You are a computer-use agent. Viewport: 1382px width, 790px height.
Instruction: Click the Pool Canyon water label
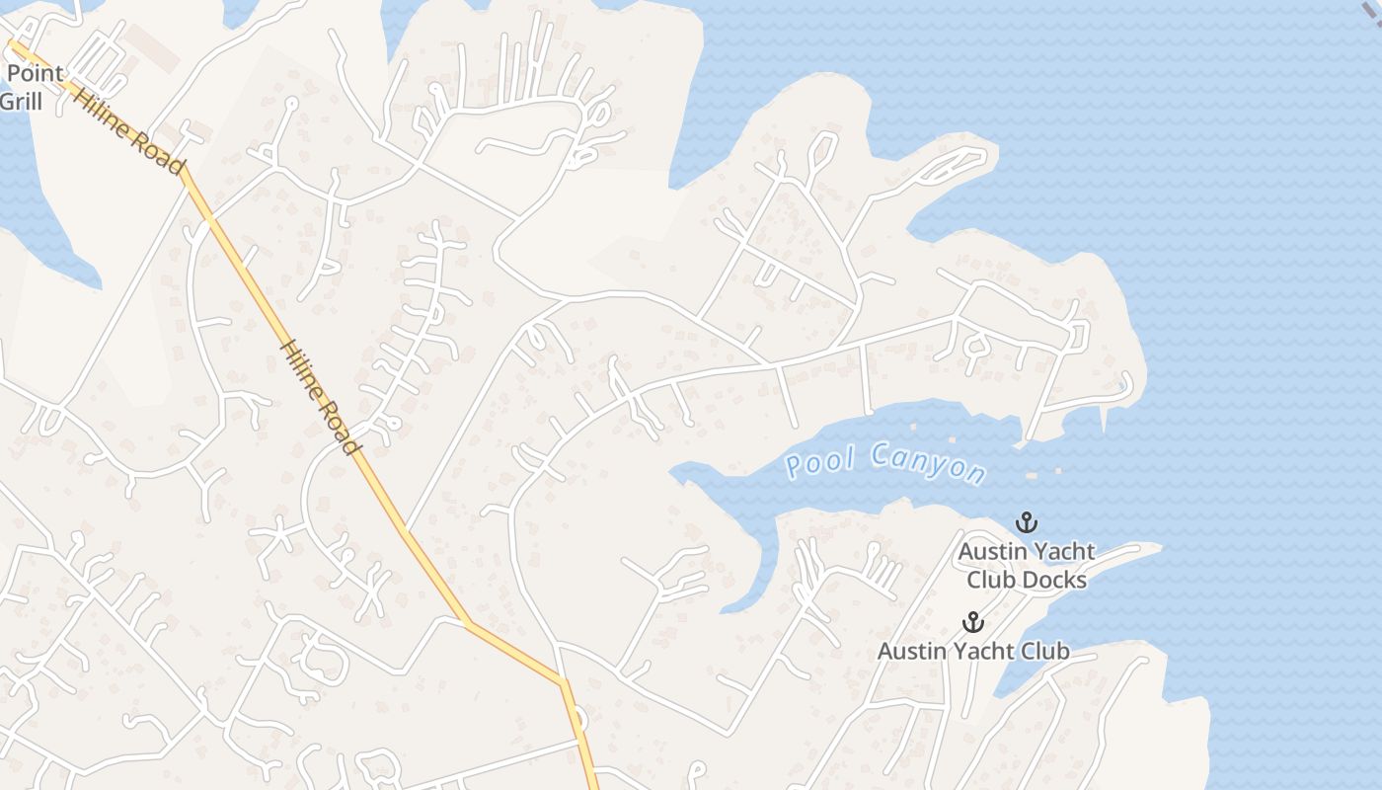[x=885, y=463]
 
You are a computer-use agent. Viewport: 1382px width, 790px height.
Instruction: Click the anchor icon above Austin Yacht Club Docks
[x=1027, y=521]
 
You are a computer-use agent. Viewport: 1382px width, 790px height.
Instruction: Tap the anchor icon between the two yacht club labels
[x=973, y=621]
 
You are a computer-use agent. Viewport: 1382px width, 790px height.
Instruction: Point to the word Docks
[x=1053, y=580]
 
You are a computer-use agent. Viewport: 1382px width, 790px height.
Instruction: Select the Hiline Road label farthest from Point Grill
[x=321, y=398]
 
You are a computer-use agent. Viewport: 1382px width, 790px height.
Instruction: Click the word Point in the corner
[x=36, y=73]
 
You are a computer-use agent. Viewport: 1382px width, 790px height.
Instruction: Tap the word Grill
[x=20, y=101]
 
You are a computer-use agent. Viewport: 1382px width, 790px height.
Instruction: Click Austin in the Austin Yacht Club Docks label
[x=991, y=551]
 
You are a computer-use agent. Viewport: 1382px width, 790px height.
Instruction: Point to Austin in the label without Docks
[x=910, y=651]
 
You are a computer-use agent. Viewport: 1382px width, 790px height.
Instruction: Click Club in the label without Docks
[x=1044, y=651]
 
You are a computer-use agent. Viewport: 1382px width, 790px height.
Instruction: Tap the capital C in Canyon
[x=882, y=456]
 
